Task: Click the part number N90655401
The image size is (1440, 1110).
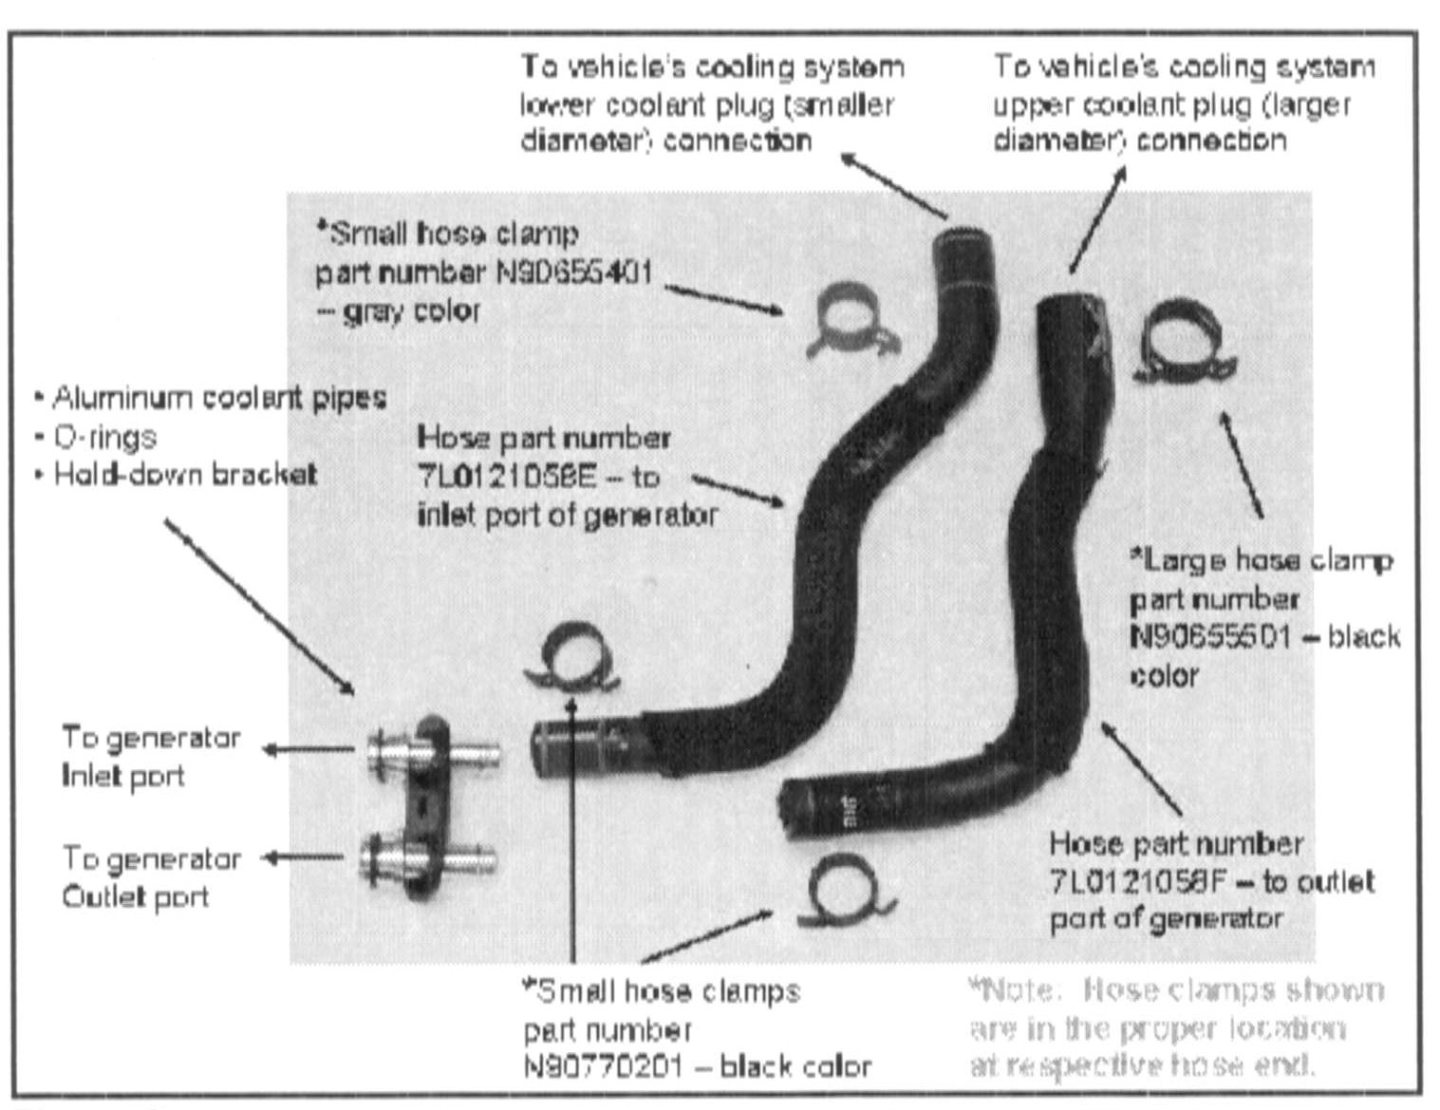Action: (575, 273)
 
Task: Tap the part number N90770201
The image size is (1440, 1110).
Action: (603, 1066)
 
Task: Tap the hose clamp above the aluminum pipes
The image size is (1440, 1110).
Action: (570, 656)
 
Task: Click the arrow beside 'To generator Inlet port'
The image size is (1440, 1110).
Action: (304, 749)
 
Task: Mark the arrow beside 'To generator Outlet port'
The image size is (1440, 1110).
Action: (304, 857)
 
